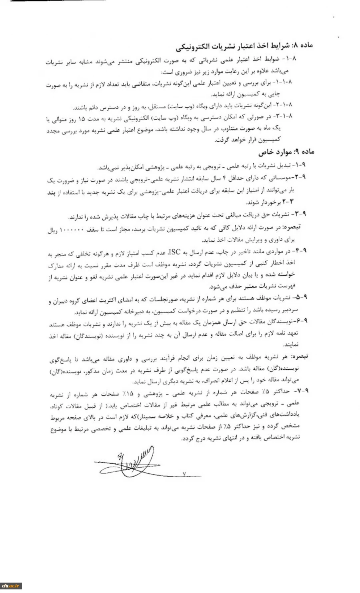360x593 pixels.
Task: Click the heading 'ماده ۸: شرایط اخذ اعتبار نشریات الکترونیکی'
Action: point(244,45)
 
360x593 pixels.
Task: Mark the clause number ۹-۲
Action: point(300,176)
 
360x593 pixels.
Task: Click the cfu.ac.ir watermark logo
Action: point(11,586)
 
